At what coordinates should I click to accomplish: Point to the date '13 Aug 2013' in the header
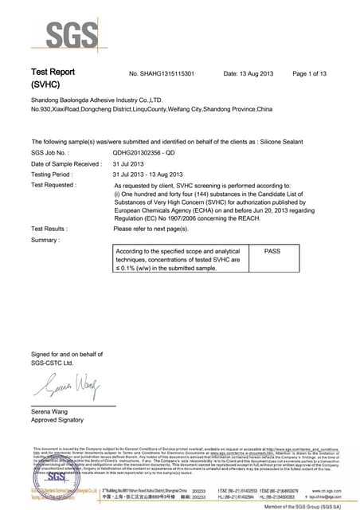coord(254,74)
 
